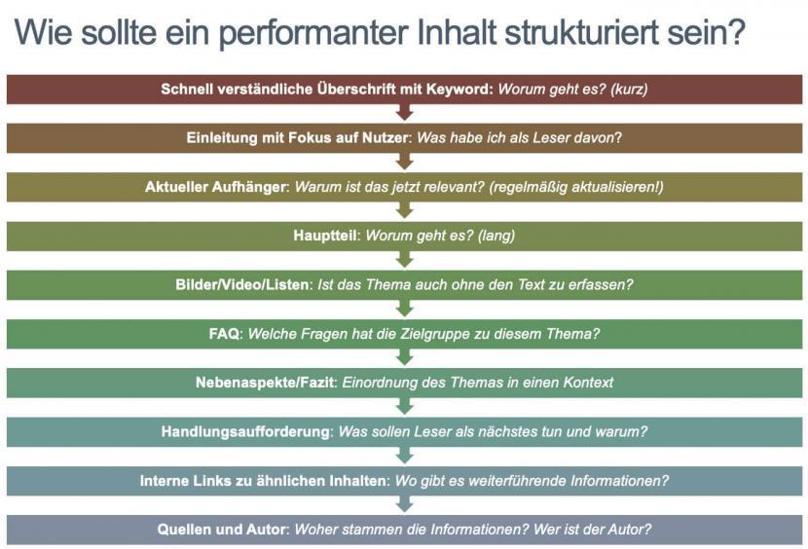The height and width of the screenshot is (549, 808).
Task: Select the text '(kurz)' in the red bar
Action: [x=629, y=90]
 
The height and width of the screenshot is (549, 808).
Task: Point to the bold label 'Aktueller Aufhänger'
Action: [x=216, y=187]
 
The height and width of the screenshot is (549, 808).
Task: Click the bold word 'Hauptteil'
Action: [x=325, y=236]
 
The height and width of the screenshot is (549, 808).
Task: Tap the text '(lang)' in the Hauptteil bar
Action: [x=496, y=236]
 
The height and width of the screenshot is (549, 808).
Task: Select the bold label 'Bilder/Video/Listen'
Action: [x=242, y=284]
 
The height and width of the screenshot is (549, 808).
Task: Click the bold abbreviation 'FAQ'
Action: [x=224, y=334]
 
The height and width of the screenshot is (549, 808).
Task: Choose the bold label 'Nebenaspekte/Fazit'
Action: [x=266, y=383]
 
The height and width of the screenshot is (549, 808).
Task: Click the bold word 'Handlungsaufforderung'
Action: [x=245, y=431]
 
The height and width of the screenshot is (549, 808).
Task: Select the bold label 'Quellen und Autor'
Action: [x=224, y=530]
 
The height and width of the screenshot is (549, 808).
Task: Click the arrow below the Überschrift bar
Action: [x=405, y=112]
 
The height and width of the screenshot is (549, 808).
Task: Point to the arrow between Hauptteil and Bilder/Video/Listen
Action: [x=405, y=259]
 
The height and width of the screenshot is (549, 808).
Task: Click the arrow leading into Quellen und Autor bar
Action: [x=405, y=503]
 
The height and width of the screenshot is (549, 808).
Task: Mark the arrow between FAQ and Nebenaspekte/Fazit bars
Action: [x=405, y=356]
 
